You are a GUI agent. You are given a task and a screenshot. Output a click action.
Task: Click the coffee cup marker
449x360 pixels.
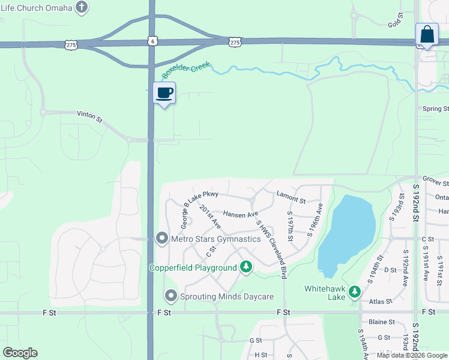[164, 93]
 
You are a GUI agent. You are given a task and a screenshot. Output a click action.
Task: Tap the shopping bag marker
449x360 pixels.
[427, 34]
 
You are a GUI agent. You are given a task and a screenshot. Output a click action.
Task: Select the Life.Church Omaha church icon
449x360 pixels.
[83, 8]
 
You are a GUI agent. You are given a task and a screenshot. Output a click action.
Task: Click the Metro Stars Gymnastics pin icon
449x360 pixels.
[161, 238]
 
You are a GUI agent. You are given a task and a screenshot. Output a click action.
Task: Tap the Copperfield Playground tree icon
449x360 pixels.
[246, 267]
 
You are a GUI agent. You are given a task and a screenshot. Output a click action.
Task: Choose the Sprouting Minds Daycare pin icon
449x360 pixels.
[171, 296]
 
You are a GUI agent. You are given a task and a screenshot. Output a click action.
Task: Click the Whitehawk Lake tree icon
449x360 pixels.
[355, 292]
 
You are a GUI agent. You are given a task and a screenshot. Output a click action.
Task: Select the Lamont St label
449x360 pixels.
[291, 196]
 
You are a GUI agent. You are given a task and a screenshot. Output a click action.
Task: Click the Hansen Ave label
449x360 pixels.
[240, 214]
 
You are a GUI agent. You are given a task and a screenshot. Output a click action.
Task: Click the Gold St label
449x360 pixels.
[394, 23]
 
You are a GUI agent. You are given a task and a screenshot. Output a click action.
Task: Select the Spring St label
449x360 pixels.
[435, 109]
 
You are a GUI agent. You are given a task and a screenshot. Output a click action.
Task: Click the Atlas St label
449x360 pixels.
[380, 301]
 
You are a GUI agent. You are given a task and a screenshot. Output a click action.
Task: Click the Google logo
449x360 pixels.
[20, 353]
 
